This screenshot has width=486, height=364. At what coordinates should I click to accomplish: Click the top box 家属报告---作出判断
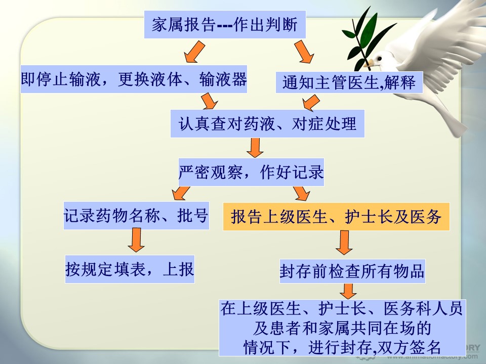point(225,24)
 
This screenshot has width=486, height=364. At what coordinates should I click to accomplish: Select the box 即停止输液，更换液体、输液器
point(134,79)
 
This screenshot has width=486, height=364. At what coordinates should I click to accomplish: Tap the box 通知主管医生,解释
point(349,82)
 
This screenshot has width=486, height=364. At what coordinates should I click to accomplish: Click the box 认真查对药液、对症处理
point(267,123)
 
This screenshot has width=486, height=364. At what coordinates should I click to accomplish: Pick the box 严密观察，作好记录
point(251,172)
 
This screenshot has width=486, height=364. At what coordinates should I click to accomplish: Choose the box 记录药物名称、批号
point(136,215)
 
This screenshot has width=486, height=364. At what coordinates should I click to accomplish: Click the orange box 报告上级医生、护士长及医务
point(336,216)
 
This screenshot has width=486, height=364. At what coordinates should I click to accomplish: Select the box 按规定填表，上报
point(130,269)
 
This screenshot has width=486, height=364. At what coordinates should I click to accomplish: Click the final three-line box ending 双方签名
point(342,328)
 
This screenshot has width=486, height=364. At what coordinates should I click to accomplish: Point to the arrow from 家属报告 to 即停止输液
point(194,52)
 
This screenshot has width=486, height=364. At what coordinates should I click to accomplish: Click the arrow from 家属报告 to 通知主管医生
point(304,52)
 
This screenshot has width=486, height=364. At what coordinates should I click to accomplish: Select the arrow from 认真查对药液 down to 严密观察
point(255,148)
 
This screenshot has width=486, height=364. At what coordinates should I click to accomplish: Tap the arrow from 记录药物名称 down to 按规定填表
point(136,240)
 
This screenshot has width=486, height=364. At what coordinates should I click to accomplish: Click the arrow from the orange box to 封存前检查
point(344,242)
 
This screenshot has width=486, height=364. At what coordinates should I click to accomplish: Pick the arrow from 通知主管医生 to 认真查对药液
point(311,103)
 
